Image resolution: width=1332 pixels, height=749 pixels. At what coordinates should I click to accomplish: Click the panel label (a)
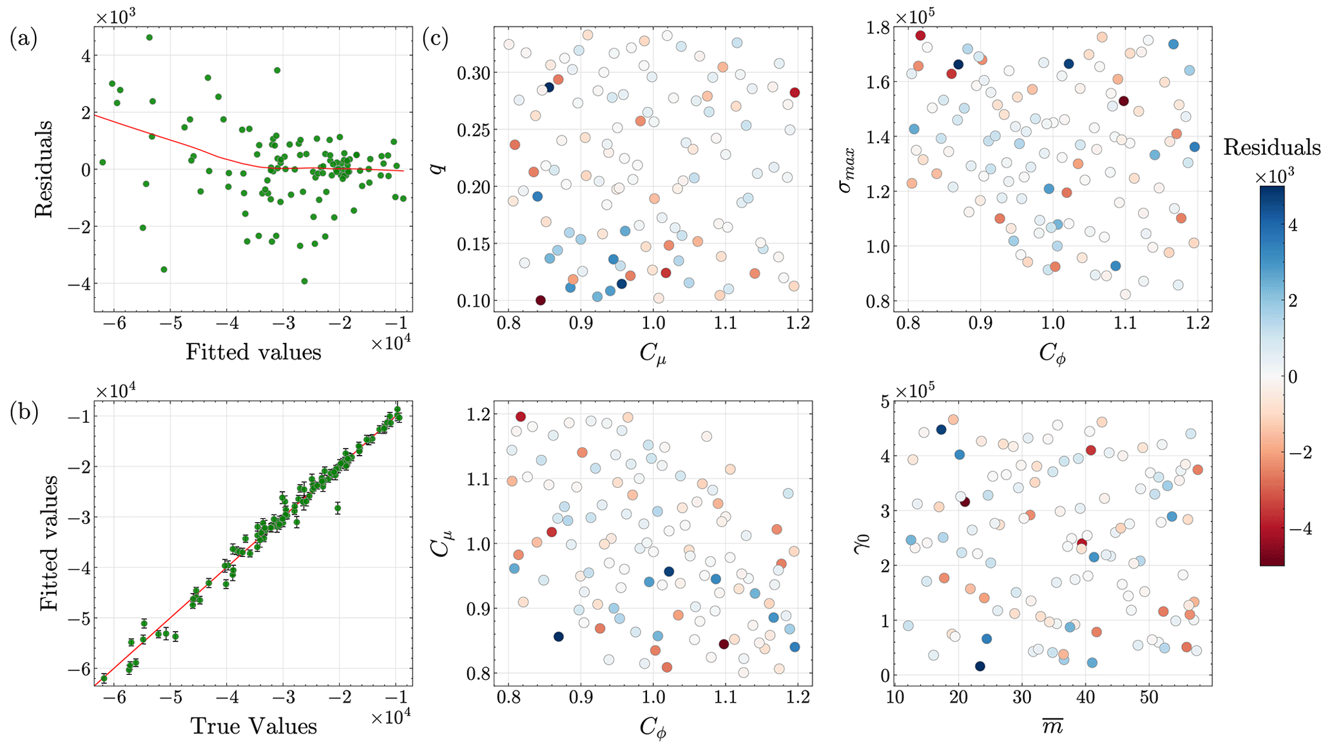pos(23,39)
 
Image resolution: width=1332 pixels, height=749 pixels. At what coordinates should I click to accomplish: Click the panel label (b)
pos(23,413)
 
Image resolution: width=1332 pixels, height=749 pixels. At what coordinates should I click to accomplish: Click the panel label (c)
pos(436,39)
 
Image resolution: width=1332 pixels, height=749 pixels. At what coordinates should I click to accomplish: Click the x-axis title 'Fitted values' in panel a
pos(253,352)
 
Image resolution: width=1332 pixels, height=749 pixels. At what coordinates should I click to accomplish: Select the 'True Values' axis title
pos(253,726)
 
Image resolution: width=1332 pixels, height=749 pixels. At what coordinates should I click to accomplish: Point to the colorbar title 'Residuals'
pos(1271,148)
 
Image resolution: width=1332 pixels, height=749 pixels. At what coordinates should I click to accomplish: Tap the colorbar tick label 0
pos(1291,377)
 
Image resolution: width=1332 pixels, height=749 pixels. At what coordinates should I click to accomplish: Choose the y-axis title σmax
pos(850,169)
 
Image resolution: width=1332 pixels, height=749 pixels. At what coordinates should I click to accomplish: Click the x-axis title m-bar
pos(1052,726)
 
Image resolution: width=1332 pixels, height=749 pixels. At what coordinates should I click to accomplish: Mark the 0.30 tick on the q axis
pos(473,73)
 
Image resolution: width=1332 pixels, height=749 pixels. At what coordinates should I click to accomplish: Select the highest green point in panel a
pos(149,37)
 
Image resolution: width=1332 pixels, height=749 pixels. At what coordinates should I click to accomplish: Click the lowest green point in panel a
pos(304,281)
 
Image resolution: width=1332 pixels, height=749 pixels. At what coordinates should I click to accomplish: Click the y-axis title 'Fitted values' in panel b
pos(50,543)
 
